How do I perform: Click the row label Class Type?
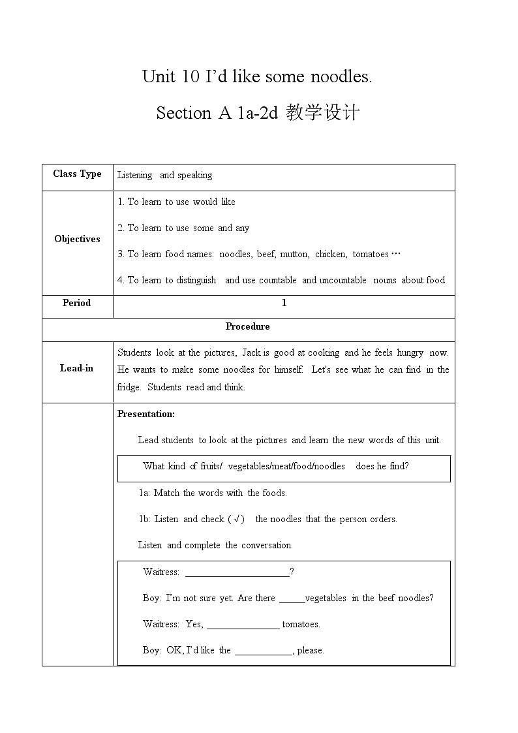[x=77, y=174]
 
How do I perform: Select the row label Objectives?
[x=77, y=239]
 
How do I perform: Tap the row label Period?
[x=77, y=303]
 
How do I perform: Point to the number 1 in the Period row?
[x=284, y=303]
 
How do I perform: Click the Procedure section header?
[x=247, y=326]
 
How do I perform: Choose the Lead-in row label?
[x=77, y=368]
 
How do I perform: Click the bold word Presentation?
[x=146, y=414]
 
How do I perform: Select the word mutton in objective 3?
[x=294, y=254]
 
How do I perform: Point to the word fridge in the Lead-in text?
[x=129, y=387]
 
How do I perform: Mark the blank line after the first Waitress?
[x=237, y=573]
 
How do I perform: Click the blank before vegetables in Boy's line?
[x=292, y=599]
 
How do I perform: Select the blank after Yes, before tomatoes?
[x=243, y=625]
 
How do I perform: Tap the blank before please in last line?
[x=264, y=651]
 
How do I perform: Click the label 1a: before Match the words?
[x=145, y=493]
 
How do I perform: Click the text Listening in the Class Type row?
[x=134, y=175]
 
